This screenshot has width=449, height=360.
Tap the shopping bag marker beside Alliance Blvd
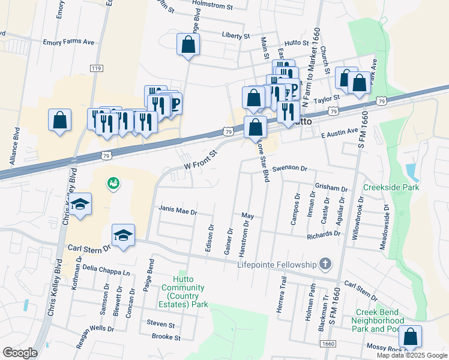coord(60,120)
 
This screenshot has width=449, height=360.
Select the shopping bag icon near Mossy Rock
coord(411,337)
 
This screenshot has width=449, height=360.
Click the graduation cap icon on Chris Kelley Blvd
coord(80,205)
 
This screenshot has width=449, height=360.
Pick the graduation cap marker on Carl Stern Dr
coord(124,235)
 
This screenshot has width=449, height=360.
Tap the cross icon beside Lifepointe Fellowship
coord(325,264)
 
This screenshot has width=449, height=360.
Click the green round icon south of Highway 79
coord(112,183)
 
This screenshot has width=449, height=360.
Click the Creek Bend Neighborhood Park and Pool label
coord(380,320)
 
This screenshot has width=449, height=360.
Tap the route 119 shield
coord(96,69)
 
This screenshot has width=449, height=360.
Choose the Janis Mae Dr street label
coord(178,210)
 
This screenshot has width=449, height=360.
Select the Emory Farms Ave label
coord(68,43)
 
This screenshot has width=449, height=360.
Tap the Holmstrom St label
coord(212,6)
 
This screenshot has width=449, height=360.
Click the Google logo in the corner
coord(20,352)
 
